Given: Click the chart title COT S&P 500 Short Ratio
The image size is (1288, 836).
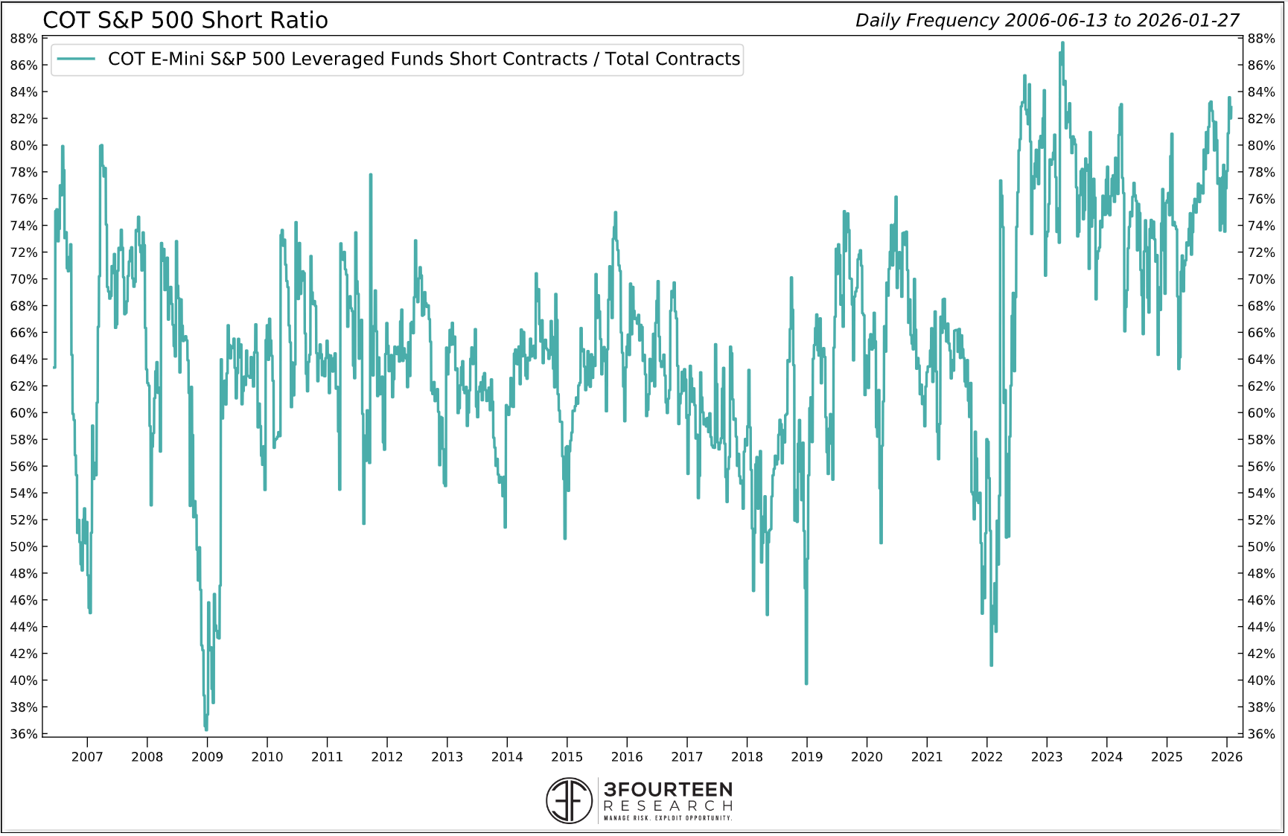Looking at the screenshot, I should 185,20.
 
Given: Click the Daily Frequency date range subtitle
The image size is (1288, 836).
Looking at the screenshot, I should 1047,20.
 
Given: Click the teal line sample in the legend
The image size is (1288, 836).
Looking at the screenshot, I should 76,59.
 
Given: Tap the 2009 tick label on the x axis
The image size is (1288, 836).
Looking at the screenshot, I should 207,757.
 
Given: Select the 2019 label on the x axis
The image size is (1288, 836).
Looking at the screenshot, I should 806,757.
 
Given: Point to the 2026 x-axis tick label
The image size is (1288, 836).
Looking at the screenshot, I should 1226,757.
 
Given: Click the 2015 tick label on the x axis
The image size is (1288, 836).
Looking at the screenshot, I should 567,757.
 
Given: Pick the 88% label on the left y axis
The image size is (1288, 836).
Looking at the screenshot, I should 24,39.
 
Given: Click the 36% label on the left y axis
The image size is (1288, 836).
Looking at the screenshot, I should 24,734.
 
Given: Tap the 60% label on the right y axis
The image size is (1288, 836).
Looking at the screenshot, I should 1261,413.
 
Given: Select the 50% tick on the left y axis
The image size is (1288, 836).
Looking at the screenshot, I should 24,546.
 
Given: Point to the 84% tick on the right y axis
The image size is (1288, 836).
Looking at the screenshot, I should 1261,92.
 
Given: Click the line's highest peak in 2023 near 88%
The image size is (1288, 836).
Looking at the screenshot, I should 1062,43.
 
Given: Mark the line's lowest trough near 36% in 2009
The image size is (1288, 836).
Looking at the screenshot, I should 206,729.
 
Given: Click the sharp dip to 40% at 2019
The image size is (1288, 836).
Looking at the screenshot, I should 806,682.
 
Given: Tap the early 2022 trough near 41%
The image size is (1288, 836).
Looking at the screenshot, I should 991,664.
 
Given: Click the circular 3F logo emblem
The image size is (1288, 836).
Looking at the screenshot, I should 570,801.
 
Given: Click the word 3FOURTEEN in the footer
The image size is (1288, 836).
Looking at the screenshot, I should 668,789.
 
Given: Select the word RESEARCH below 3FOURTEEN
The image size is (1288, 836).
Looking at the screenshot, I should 668,806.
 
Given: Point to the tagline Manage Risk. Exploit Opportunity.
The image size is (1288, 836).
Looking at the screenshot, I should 668,818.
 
